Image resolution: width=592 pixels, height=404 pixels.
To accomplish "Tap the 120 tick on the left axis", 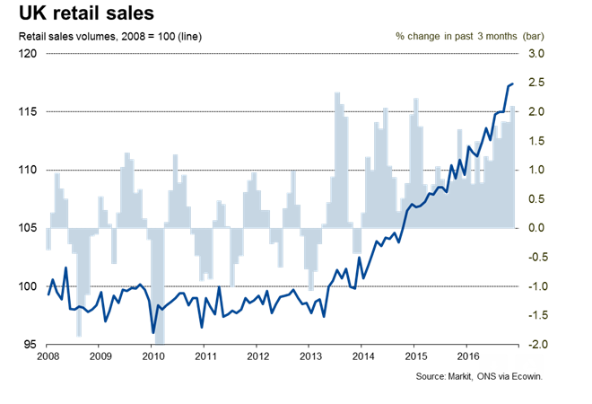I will tap(30, 54).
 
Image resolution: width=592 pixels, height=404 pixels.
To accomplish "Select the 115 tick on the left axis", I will tap(30, 112).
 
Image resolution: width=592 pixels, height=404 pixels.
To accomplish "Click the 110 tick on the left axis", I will tap(30, 171).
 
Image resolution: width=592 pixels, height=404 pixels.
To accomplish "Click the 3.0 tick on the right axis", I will tap(535, 54).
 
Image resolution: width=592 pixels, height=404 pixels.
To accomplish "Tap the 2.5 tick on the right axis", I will tap(535, 83).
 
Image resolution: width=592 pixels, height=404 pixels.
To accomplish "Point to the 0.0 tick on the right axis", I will tap(535, 228).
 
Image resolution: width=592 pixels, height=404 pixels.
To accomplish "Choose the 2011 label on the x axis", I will tap(206, 356).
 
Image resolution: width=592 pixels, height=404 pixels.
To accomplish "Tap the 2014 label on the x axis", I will tap(361, 356).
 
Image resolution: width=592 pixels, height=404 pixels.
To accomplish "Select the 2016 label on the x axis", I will tap(466, 356).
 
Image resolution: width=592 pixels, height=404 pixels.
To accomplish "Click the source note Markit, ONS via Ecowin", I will tap(480, 377).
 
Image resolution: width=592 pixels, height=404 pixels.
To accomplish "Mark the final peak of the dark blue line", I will tap(511, 83).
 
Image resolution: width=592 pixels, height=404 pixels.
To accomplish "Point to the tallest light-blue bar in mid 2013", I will tap(336, 93).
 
